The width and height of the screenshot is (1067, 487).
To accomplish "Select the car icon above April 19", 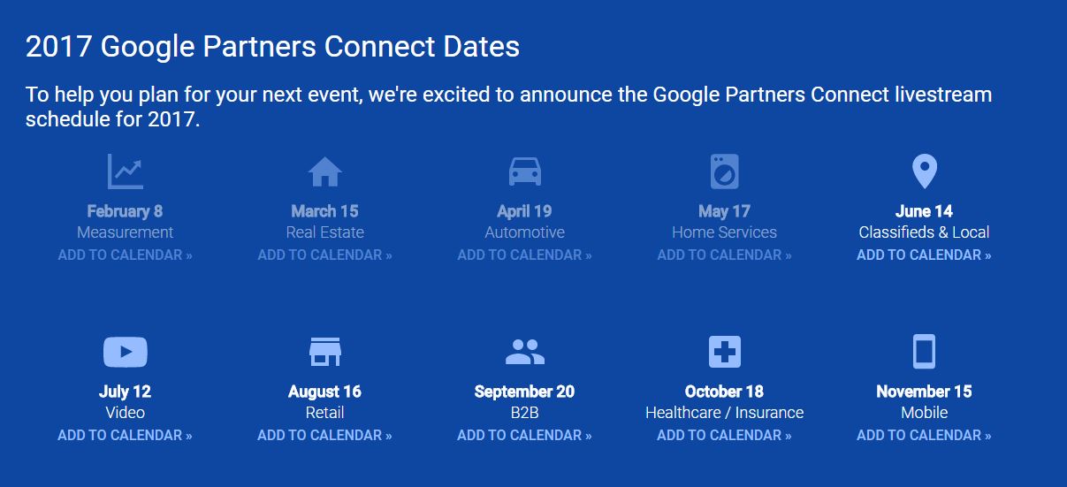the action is [x=524, y=171].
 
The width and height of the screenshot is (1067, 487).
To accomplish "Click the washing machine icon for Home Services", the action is [x=725, y=171].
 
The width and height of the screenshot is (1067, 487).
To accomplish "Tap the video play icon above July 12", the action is [x=126, y=352].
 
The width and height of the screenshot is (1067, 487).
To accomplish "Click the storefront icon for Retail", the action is [x=324, y=352].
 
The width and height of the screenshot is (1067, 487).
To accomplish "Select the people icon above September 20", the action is [x=524, y=352].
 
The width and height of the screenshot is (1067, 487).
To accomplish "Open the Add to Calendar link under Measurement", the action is [x=125, y=255].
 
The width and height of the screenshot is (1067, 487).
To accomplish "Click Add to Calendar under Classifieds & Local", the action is [x=924, y=255].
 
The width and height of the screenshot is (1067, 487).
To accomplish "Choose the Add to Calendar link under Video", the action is [x=125, y=435].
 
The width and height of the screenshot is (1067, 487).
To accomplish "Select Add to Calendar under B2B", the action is [x=524, y=435].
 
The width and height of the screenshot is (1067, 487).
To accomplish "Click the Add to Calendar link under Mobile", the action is [x=924, y=435].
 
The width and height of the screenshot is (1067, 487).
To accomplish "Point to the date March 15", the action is [x=324, y=211].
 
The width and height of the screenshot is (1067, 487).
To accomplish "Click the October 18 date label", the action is [x=724, y=392].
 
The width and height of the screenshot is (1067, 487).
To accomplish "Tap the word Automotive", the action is [x=524, y=232].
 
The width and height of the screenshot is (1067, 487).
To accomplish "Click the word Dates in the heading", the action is [x=481, y=46].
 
